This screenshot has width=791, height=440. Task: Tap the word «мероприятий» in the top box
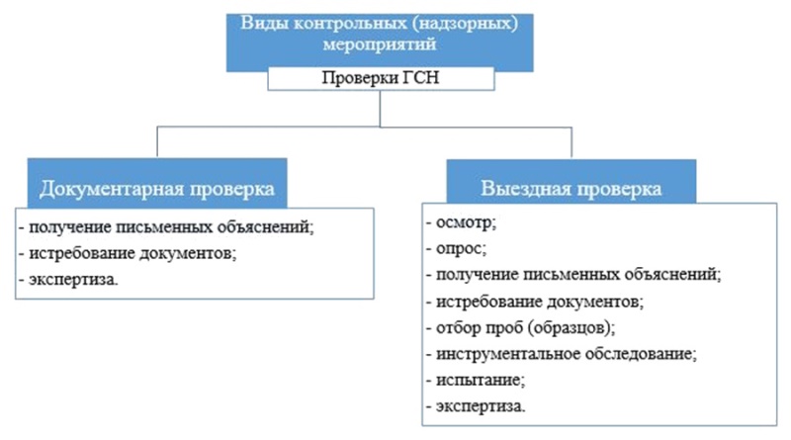click(x=380, y=44)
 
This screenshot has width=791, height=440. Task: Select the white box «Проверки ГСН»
click(x=381, y=79)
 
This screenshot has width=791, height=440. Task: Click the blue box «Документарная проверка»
click(x=157, y=183)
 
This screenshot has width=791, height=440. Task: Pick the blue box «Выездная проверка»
click(x=571, y=182)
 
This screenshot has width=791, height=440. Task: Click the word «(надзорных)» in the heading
click(x=468, y=24)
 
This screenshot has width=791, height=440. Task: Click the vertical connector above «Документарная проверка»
click(x=157, y=142)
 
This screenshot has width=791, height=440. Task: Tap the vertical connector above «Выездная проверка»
click(x=571, y=143)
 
